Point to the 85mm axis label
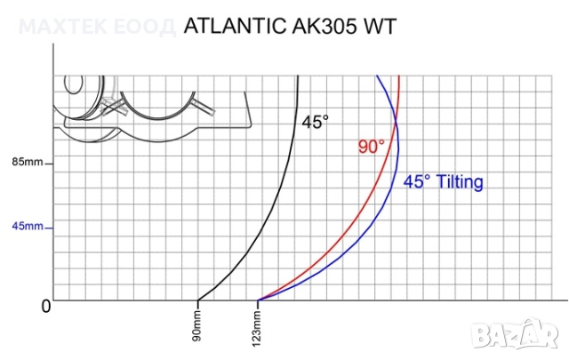coord(27,164)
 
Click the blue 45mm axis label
coord(27,227)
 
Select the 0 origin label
coord(45,307)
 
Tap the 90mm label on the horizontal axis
coord(197,326)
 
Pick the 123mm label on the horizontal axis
coord(258,326)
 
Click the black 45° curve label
coord(316,124)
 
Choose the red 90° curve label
coord(372,147)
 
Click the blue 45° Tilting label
coord(444,182)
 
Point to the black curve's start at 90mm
coord(197,300)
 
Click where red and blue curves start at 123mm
coord(258,300)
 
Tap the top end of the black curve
coord(298,76)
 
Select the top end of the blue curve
coord(377,76)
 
